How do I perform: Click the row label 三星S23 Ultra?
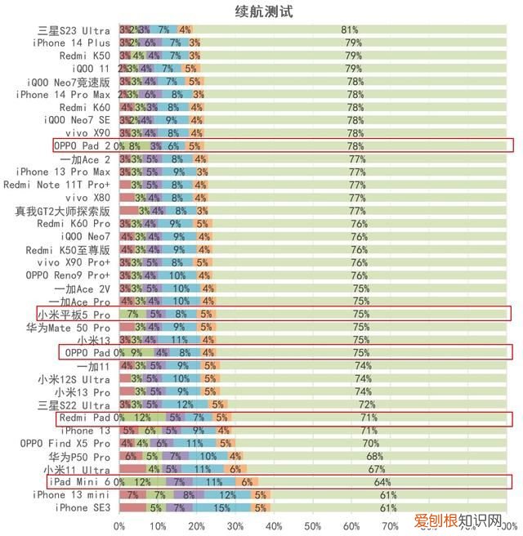pyautogui.click(x=74, y=30)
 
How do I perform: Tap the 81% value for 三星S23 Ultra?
pyautogui.click(x=349, y=30)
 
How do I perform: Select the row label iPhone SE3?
pyautogui.click(x=83, y=507)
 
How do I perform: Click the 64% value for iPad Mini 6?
pyautogui.click(x=382, y=482)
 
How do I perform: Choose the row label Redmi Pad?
pyautogui.click(x=86, y=418)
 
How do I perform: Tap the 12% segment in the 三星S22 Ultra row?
pyautogui.click(x=186, y=405)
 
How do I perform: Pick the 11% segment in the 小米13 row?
pyautogui.click(x=180, y=341)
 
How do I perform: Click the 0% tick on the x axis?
pyautogui.click(x=119, y=525)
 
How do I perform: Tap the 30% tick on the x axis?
pyautogui.click(x=235, y=525)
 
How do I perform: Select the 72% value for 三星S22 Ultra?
pyautogui.click(x=366, y=405)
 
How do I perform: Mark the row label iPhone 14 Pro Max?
pyautogui.click(x=63, y=95)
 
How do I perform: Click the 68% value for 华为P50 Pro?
pyautogui.click(x=374, y=457)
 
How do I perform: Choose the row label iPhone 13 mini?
pyautogui.click(x=71, y=495)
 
